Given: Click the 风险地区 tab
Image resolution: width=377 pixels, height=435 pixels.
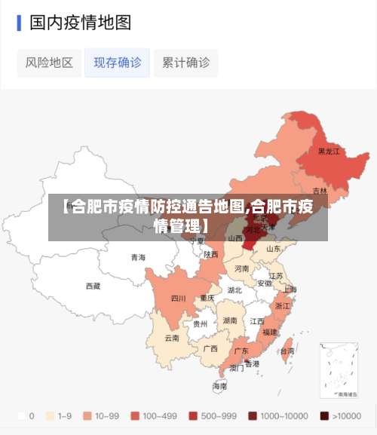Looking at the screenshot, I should [x=49, y=63].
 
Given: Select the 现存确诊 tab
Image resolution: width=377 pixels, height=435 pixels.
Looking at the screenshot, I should [x=117, y=63].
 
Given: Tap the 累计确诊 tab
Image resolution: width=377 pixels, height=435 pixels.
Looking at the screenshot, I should [x=185, y=63].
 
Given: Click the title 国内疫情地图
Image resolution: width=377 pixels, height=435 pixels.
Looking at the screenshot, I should [x=80, y=23].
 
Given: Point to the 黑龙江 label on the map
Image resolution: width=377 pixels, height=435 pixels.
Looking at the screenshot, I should [x=328, y=152].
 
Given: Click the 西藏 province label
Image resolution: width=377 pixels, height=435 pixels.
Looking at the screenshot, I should [x=93, y=286].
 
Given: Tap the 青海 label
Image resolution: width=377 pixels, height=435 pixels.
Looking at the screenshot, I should [x=138, y=257].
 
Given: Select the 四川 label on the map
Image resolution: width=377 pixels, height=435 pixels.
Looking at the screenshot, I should [x=178, y=298].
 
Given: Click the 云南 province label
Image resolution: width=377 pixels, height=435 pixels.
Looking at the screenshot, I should [x=172, y=338].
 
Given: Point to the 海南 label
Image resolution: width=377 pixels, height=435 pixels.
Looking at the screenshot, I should [x=219, y=385].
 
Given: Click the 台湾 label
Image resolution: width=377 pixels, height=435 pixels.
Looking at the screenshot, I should [x=287, y=351].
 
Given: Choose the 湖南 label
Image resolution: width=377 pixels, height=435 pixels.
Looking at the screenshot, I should [x=231, y=320].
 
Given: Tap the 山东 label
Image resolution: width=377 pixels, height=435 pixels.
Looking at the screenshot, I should [x=273, y=248].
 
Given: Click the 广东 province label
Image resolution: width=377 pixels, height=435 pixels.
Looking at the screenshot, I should [x=241, y=351].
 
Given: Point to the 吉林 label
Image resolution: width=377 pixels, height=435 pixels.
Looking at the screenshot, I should [x=320, y=191].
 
